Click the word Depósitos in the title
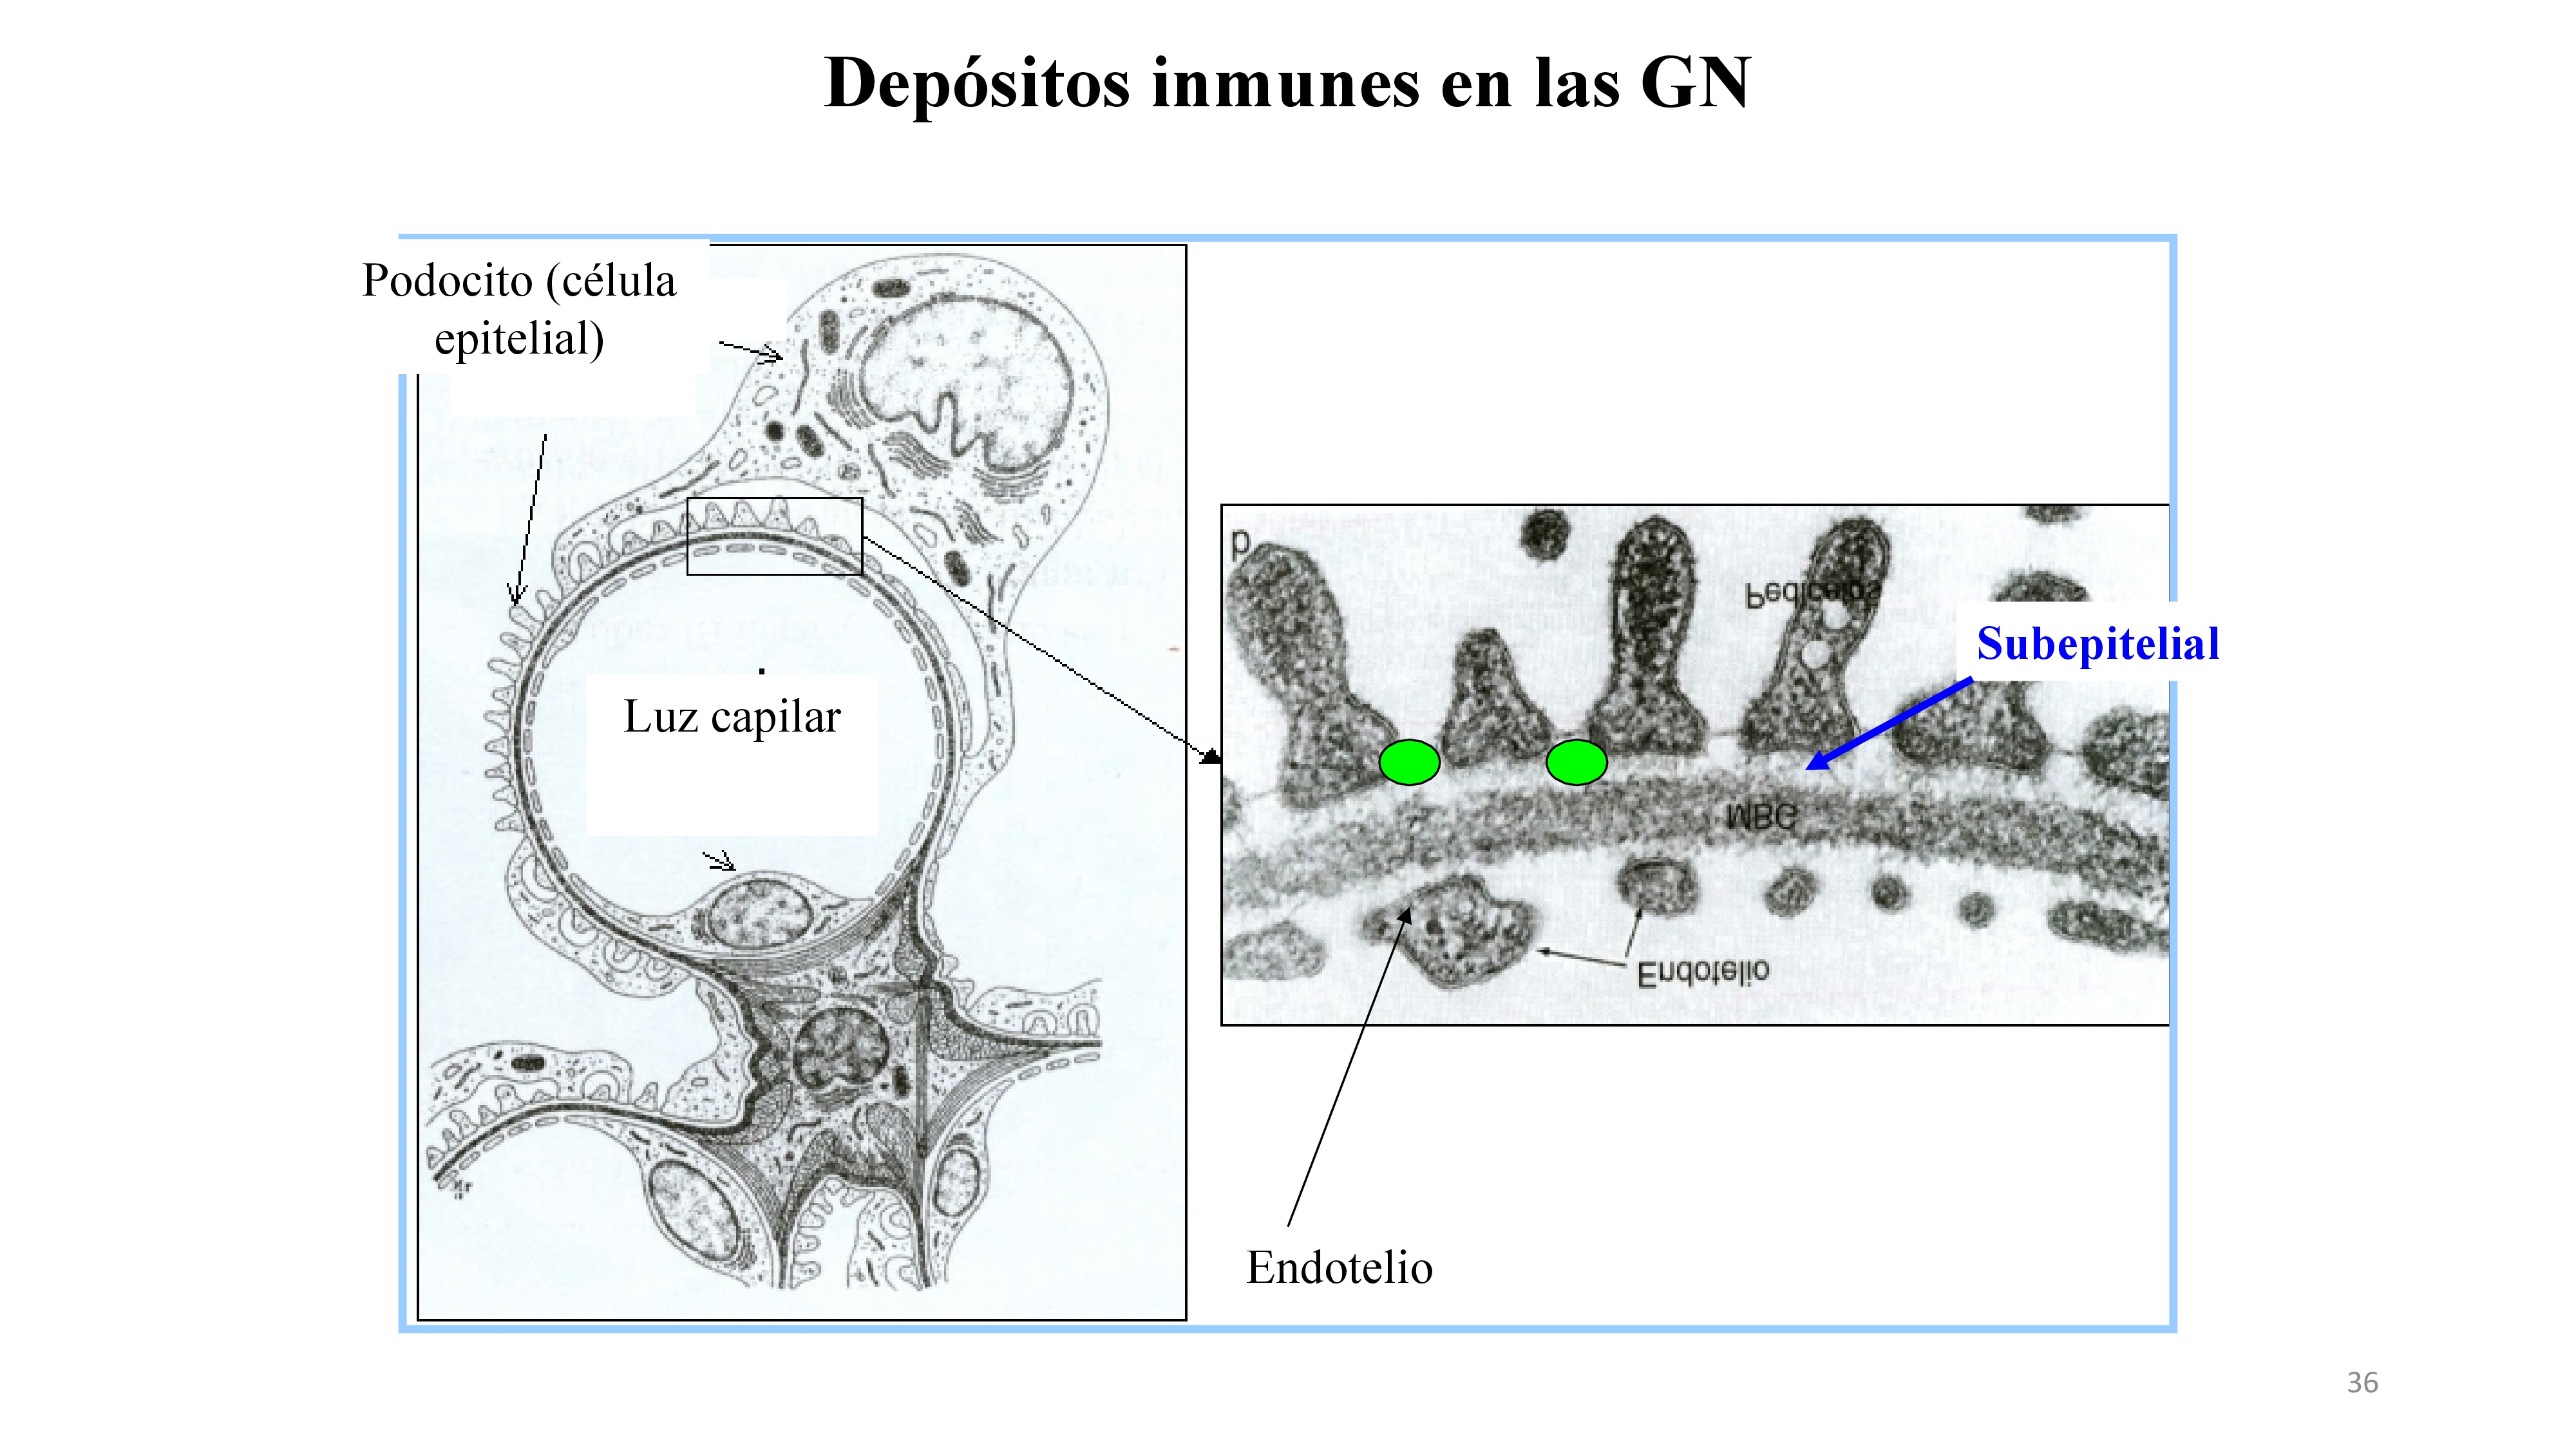976,84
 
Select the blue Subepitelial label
2097,644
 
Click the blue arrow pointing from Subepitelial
1890,725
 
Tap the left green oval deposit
1409,762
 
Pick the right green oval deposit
1576,762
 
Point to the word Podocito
447,281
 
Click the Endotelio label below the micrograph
1339,1268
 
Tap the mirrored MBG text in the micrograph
1761,817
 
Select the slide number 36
2362,1383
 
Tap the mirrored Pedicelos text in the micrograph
1813,594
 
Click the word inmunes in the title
1285,84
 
